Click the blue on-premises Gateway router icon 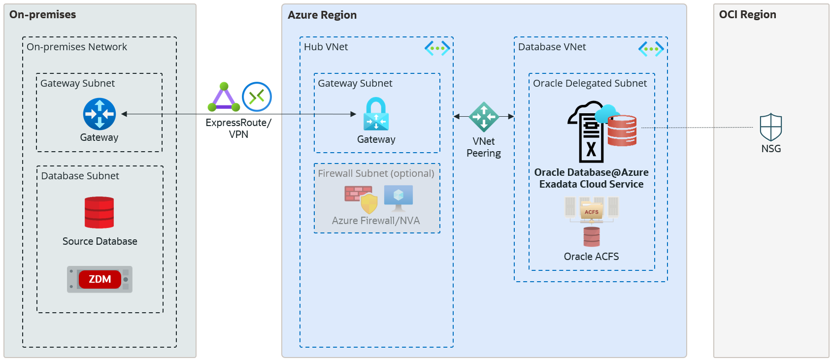100,114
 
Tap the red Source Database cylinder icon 99,212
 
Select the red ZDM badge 100,279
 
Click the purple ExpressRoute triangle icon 224,98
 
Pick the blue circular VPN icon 257,97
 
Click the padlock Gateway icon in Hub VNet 376,114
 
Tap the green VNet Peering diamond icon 484,117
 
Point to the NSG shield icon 770,128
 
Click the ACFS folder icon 592,211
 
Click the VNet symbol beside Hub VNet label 437,48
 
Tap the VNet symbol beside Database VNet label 651,48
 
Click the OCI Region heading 747,15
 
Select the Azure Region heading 322,15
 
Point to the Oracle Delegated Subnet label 590,83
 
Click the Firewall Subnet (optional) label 376,173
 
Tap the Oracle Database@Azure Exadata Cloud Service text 591,178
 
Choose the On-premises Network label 76,47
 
